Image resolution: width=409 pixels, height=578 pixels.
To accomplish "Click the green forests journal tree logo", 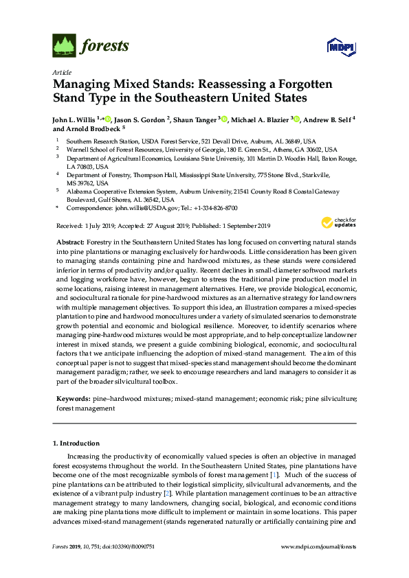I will click(64, 47).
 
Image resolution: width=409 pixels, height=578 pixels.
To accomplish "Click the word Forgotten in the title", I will click(294, 85).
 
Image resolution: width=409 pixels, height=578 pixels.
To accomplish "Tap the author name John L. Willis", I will click(74, 119).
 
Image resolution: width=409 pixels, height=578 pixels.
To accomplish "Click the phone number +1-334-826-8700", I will click(215, 207).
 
